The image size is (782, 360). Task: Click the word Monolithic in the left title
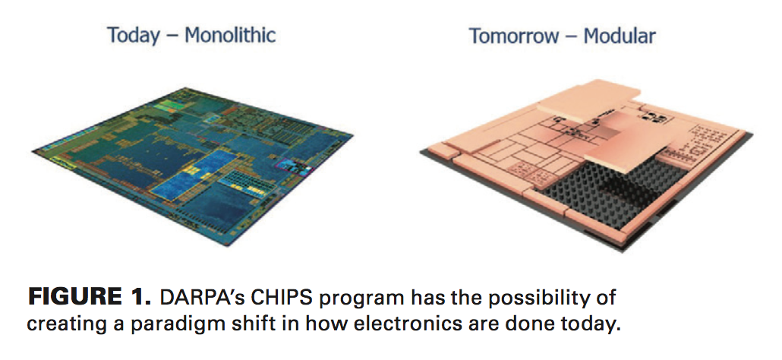point(230,35)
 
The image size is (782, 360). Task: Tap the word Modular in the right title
point(619,36)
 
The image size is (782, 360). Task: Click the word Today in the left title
point(134,35)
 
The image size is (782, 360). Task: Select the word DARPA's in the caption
point(201,296)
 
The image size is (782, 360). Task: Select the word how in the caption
point(282,323)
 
